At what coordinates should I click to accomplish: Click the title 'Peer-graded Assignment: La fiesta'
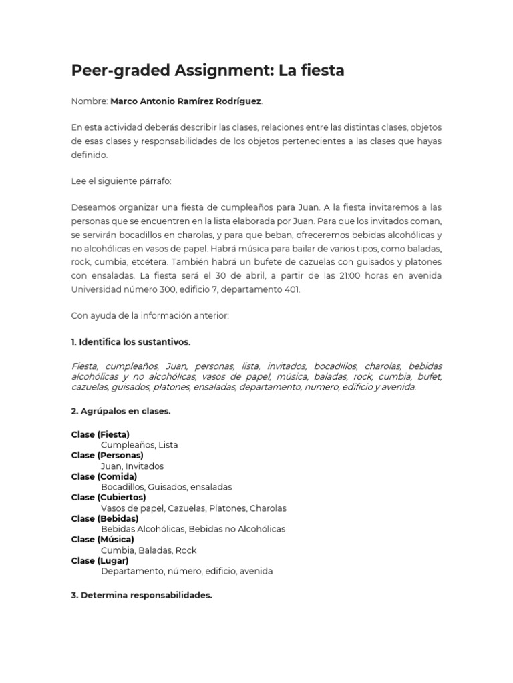(208, 70)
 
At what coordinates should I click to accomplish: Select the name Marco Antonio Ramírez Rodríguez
(186, 101)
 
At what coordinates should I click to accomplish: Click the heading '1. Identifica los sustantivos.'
(131, 341)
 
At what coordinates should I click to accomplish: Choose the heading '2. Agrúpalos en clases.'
(121, 411)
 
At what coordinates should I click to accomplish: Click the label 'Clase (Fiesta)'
(100, 434)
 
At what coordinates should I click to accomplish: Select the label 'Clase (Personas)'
(108, 455)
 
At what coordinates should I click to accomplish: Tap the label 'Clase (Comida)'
(104, 476)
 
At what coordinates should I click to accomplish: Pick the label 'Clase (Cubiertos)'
(108, 497)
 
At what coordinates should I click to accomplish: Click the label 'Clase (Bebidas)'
(105, 518)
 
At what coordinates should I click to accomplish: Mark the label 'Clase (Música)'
(103, 539)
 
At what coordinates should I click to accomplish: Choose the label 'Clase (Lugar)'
(100, 560)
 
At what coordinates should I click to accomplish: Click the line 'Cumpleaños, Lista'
(140, 444)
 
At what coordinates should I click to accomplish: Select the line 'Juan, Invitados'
(132, 466)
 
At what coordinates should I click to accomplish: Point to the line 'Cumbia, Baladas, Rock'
(148, 550)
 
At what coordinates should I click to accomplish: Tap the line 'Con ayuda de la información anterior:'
(150, 316)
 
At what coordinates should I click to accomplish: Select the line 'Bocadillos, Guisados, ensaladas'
(166, 487)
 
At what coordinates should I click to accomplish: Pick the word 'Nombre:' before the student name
(89, 101)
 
